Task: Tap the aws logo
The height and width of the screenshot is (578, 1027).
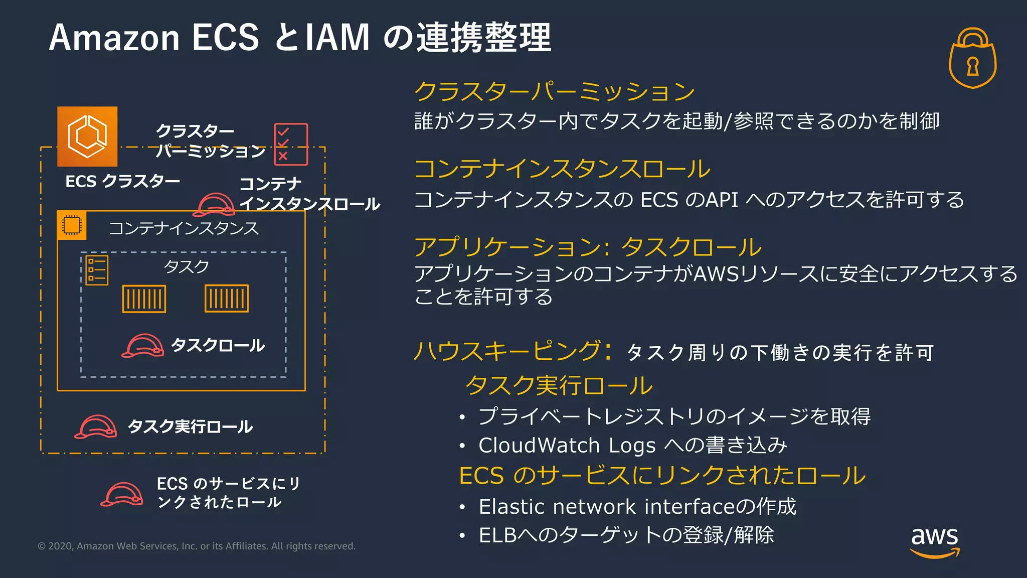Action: click(x=935, y=541)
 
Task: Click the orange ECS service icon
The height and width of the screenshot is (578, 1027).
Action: click(x=87, y=136)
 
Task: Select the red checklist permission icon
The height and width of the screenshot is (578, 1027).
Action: click(x=291, y=144)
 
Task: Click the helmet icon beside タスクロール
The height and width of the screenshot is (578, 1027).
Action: click(x=143, y=346)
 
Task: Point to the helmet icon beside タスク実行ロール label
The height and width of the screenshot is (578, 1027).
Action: click(x=96, y=426)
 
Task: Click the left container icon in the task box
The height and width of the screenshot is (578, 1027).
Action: click(x=144, y=299)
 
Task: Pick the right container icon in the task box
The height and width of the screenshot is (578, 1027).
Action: click(x=227, y=299)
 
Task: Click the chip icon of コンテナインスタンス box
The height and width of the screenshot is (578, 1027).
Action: click(x=72, y=225)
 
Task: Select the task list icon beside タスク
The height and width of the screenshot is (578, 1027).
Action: click(x=97, y=270)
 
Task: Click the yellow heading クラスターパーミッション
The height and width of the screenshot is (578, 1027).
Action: click(x=555, y=91)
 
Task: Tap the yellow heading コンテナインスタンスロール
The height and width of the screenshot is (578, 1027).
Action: click(x=562, y=169)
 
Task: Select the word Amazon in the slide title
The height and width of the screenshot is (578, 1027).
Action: click(x=114, y=38)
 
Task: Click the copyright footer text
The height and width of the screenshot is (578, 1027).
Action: click(x=197, y=546)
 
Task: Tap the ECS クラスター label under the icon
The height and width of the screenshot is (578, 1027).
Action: click(x=123, y=181)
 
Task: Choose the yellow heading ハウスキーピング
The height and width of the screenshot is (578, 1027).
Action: click(x=507, y=351)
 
